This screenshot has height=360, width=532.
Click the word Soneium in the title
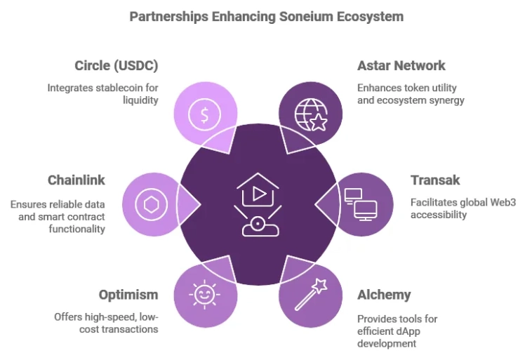pyautogui.click(x=306, y=16)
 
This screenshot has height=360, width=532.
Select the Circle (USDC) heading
pyautogui.click(x=117, y=65)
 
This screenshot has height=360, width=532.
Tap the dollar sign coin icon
pyautogui.click(x=205, y=114)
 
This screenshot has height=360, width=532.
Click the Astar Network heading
pyautogui.click(x=401, y=65)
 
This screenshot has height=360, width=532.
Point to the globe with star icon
pyautogui.click(x=311, y=114)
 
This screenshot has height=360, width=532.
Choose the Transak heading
pyautogui.click(x=435, y=180)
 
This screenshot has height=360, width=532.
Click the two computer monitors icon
pyautogui.click(x=361, y=205)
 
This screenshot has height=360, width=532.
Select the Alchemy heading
pyautogui.click(x=384, y=295)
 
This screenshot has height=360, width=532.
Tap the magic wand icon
pyautogui.click(x=311, y=295)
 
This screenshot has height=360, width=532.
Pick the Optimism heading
pyautogui.click(x=128, y=295)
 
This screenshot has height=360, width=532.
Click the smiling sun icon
pyautogui.click(x=205, y=295)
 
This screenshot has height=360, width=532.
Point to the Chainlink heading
pyautogui.click(x=77, y=180)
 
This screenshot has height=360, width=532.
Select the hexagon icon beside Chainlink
pyautogui.click(x=152, y=205)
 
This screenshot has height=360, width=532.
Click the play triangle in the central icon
pyautogui.click(x=260, y=194)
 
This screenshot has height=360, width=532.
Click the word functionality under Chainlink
pyautogui.click(x=77, y=229)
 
